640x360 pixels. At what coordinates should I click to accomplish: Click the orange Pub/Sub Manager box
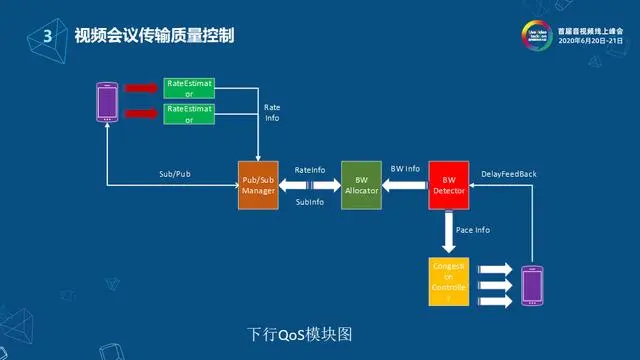(x=257, y=184)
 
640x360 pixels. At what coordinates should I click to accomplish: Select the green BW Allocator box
(x=361, y=184)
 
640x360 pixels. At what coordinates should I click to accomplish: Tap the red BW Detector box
(x=449, y=184)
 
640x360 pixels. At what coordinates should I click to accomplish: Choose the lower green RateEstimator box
(x=188, y=113)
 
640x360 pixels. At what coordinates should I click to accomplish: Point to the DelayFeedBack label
(x=508, y=174)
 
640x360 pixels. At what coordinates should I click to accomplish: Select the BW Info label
(x=405, y=169)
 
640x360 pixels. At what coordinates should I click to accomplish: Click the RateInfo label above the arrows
(x=310, y=170)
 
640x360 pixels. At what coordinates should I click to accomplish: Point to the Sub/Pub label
(x=175, y=174)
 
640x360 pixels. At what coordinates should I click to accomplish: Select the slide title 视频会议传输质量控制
(x=147, y=36)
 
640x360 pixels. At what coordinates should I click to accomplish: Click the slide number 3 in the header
(x=47, y=36)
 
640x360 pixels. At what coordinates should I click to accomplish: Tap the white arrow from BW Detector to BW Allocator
(x=405, y=184)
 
